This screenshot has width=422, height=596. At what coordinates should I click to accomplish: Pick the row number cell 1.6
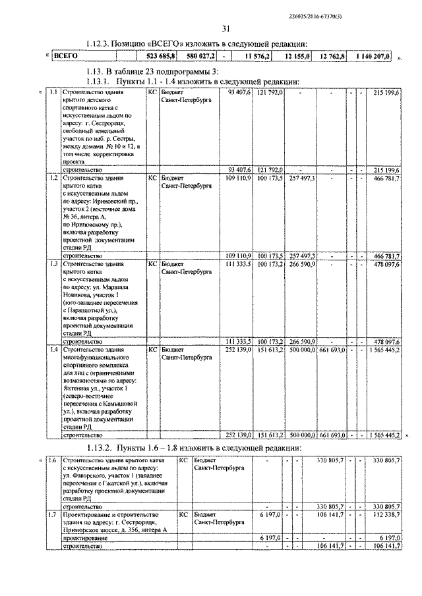point(52,461)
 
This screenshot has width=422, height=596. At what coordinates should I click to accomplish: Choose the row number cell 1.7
point(52,513)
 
